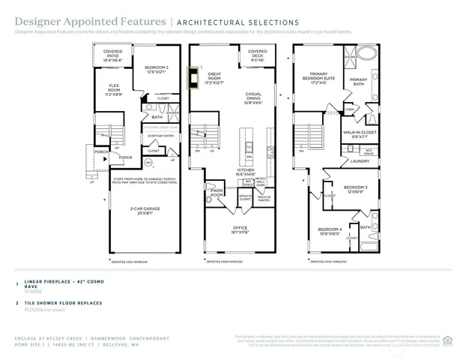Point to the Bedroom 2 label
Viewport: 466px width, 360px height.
(156, 69)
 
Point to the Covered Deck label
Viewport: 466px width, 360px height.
(257, 55)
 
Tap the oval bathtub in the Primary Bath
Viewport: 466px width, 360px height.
(366, 54)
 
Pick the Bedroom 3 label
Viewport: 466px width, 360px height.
(354, 189)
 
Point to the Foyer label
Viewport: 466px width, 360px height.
(125, 157)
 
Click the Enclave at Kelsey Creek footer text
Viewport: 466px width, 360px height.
(49, 339)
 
